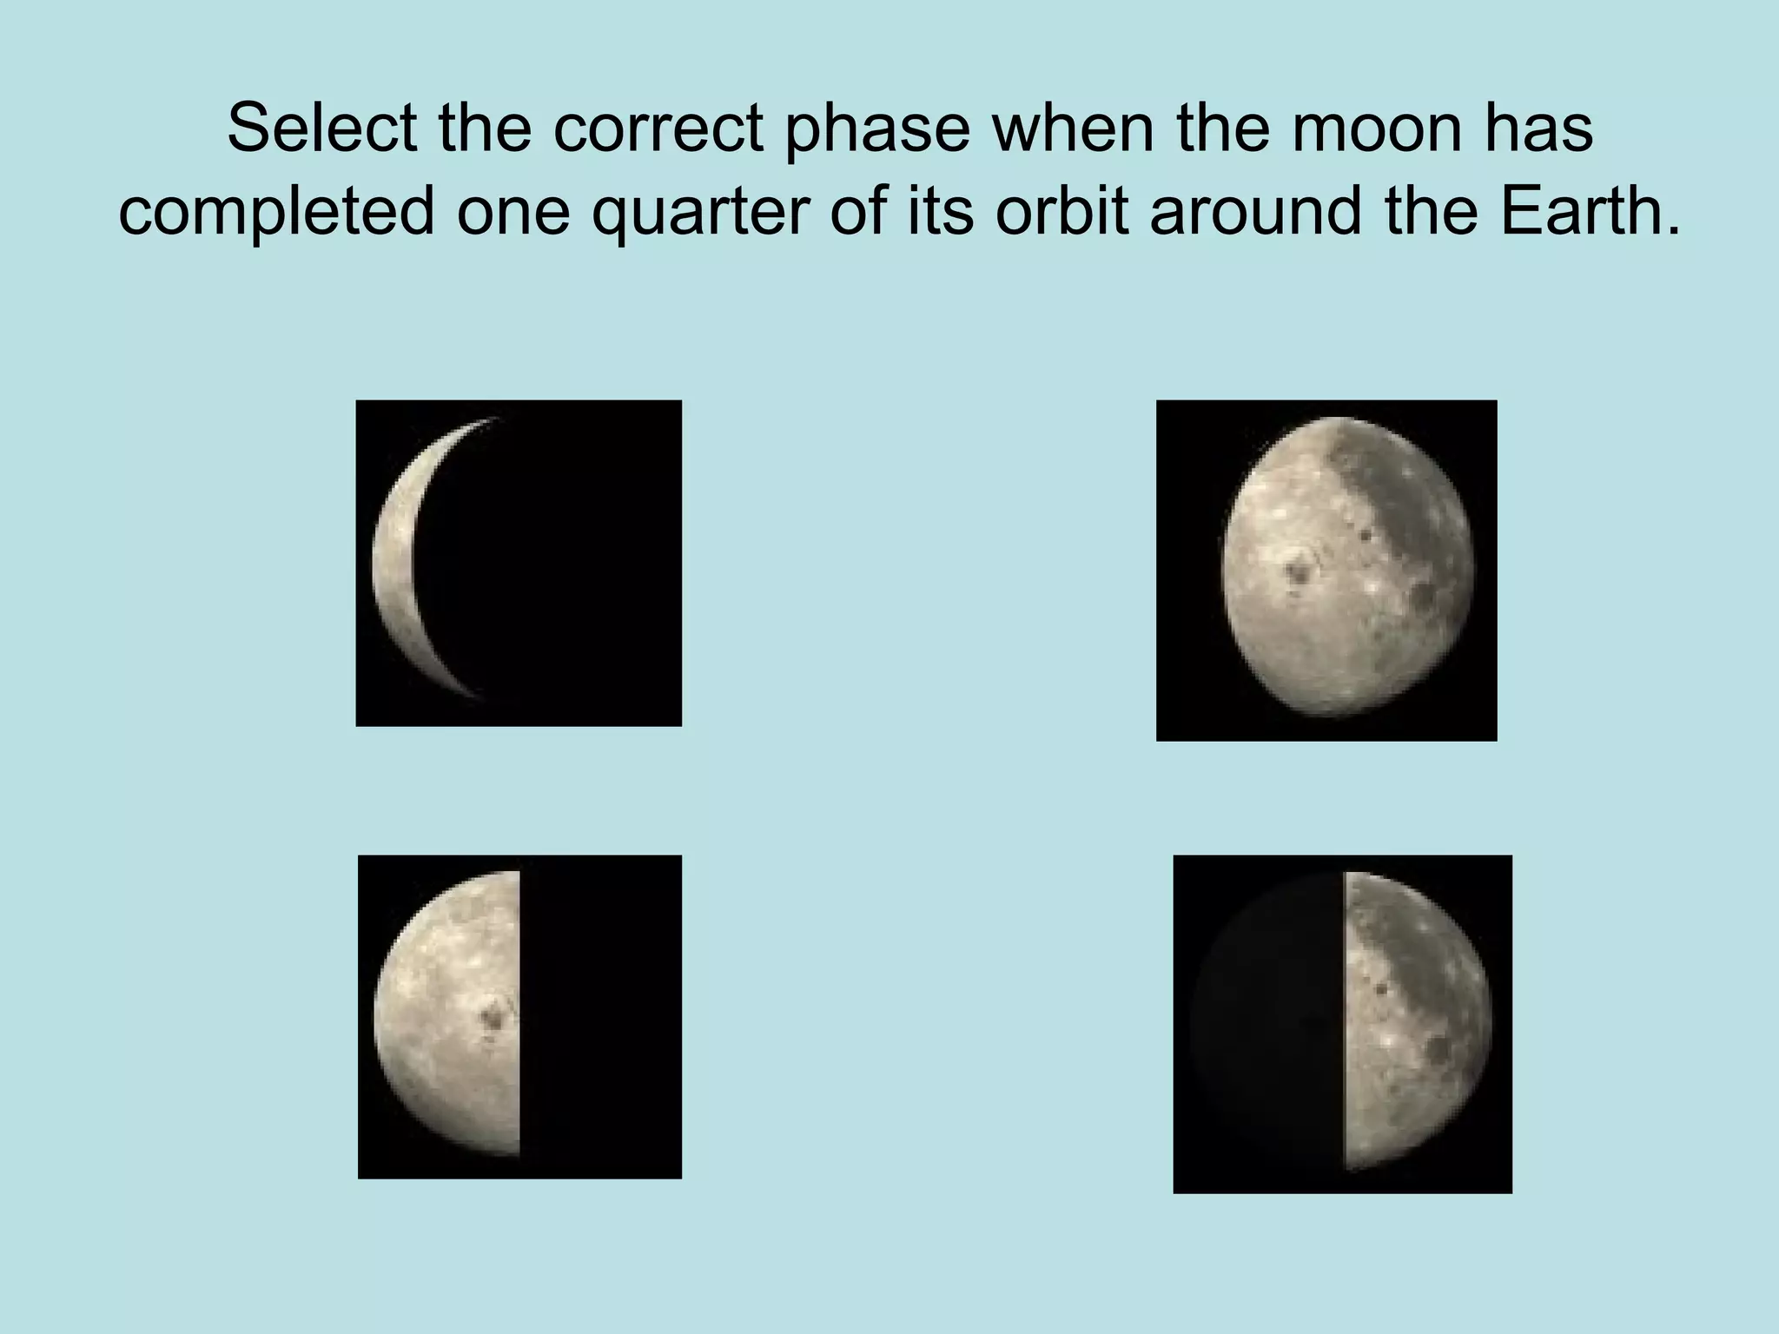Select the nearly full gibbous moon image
point(1326,570)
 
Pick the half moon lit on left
point(519,1016)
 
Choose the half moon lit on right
point(1342,1023)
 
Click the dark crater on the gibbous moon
point(1300,571)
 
